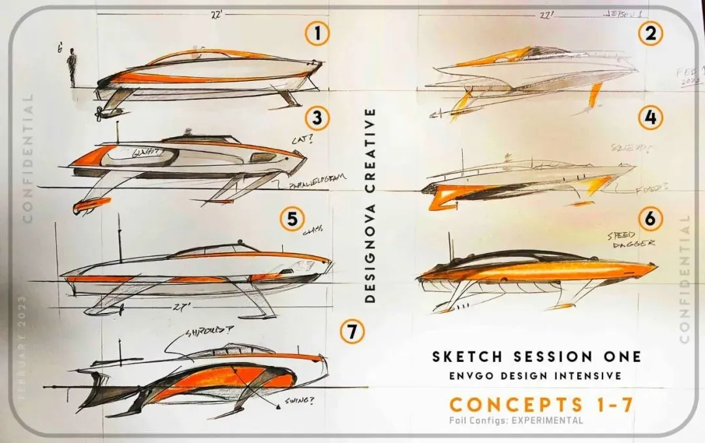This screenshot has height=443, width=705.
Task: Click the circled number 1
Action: tap(318, 34)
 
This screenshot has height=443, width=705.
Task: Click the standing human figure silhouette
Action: tap(72, 67)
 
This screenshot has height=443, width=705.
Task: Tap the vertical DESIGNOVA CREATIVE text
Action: tap(370, 204)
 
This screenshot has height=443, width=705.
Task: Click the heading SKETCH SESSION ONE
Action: tap(537, 356)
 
